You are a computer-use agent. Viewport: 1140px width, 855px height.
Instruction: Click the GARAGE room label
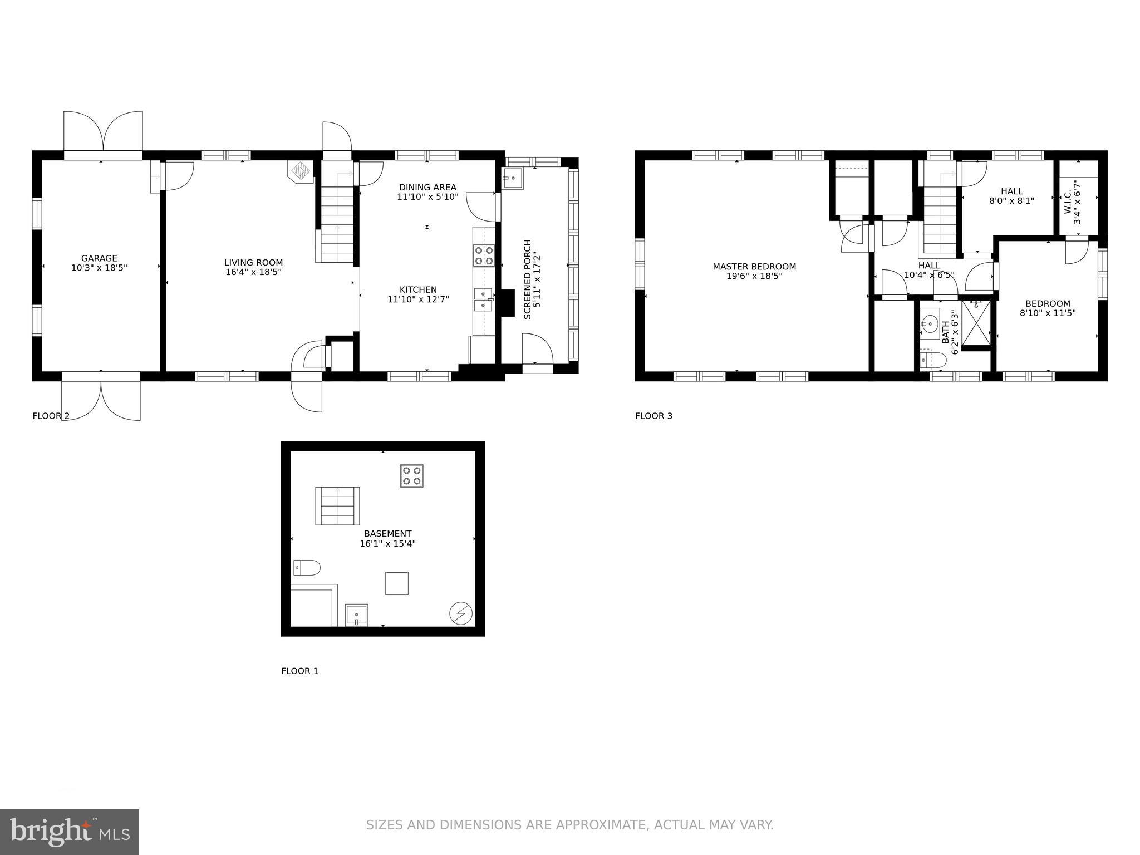[99, 258]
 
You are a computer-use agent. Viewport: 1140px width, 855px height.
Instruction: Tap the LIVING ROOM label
[253, 263]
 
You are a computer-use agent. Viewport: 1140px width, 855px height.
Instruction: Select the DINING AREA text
[427, 188]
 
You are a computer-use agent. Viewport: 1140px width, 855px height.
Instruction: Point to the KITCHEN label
[418, 289]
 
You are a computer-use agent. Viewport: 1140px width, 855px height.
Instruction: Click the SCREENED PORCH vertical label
[528, 279]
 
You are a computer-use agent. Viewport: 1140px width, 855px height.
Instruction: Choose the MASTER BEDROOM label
[754, 267]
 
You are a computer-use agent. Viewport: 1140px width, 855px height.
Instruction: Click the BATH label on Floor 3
[945, 332]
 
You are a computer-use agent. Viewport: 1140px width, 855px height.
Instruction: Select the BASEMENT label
[387, 534]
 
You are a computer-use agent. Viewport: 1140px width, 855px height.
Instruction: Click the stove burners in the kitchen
[484, 256]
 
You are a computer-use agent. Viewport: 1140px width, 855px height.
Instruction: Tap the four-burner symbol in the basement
[411, 476]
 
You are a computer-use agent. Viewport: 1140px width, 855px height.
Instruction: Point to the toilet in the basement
[307, 568]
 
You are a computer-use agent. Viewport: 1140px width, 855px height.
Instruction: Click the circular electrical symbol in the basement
[461, 614]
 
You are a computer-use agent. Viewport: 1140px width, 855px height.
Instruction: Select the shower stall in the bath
[976, 323]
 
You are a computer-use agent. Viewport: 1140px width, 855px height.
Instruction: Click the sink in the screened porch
[513, 178]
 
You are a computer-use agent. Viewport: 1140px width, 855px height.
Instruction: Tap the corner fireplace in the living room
[301, 171]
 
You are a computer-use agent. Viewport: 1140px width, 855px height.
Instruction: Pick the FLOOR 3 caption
[653, 416]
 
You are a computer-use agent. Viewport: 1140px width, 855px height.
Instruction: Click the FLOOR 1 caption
[299, 671]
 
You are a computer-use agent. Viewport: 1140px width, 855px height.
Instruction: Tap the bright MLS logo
[70, 832]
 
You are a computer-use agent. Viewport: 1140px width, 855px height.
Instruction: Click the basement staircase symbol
[337, 505]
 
